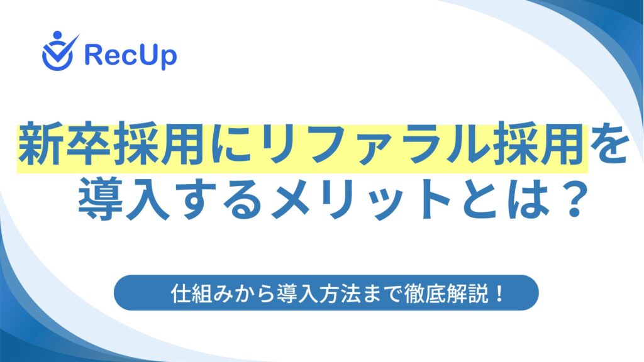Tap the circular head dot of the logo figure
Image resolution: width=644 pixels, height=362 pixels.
tap(57, 35)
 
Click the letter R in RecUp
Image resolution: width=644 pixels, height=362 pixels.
tap(94, 55)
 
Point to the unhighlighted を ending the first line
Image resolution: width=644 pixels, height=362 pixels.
tap(609, 144)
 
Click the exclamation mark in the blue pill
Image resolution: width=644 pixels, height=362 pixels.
tap(499, 293)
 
